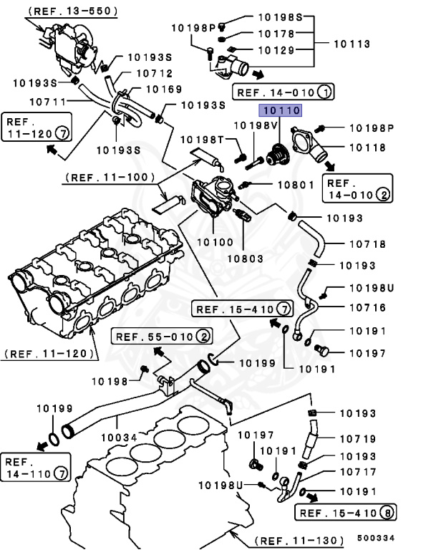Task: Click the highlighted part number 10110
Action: coord(281,110)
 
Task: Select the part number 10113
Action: coord(351,44)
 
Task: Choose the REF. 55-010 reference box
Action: coord(160,336)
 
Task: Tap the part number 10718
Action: coord(366,244)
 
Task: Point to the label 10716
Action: coord(366,308)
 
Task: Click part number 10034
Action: coord(118,436)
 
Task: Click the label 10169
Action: coord(164,90)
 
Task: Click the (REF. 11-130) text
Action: coord(300,539)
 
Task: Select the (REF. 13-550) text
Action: coord(74,11)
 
